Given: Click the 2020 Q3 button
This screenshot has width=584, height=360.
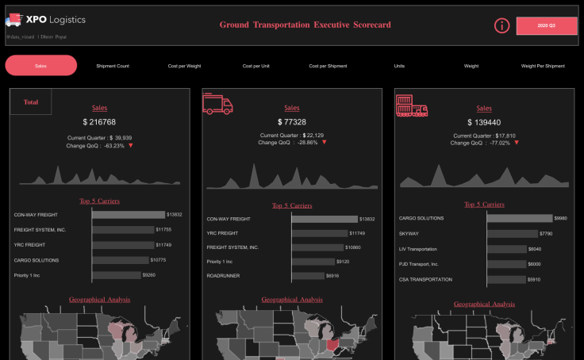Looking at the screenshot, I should pyautogui.click(x=547, y=26).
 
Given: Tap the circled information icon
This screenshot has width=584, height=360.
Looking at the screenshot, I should pyautogui.click(x=501, y=25).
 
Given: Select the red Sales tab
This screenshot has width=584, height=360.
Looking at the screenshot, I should pyautogui.click(x=41, y=66).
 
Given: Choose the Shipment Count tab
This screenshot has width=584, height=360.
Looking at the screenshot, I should pyautogui.click(x=113, y=66).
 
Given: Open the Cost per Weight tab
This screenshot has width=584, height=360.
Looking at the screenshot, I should pyautogui.click(x=184, y=66).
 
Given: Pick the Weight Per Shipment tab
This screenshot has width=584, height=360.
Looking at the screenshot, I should pyautogui.click(x=543, y=66).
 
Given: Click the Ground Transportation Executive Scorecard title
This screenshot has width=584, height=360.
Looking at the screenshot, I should pyautogui.click(x=305, y=25).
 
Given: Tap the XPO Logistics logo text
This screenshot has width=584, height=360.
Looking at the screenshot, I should pyautogui.click(x=56, y=19).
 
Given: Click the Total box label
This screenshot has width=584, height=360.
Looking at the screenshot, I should pyautogui.click(x=31, y=101).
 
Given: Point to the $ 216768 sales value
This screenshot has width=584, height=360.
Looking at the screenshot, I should pyautogui.click(x=99, y=122).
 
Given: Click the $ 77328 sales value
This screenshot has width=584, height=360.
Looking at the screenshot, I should pyautogui.click(x=291, y=122).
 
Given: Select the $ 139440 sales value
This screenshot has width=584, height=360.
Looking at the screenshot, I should pyautogui.click(x=483, y=122).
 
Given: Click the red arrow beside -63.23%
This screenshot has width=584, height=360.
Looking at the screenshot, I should pyautogui.click(x=131, y=146).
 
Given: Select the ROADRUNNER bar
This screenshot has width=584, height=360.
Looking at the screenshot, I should pyautogui.click(x=309, y=275).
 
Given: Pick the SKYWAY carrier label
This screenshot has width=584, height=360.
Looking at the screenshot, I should pyautogui.click(x=409, y=234).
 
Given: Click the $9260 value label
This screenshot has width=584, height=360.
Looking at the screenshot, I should pyautogui.click(x=148, y=274).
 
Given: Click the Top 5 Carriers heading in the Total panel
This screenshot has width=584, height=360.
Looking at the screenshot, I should pyautogui.click(x=99, y=201).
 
